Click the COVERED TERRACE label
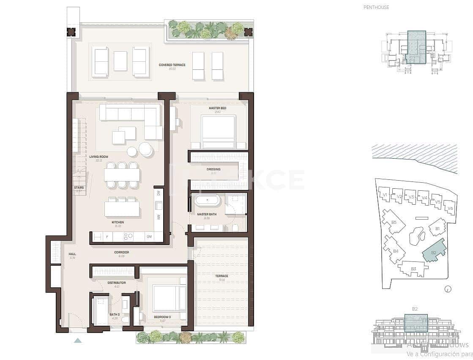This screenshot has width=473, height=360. pos(172,65)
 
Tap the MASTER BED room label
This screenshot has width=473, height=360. pos(217,108)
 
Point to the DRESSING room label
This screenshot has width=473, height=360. pos(213,170)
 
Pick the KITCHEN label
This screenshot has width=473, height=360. pos(118,222)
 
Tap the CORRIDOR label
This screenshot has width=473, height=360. pos(121,253)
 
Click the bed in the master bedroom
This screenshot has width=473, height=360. pos(219,131)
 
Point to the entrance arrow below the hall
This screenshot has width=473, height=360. pos(78,340)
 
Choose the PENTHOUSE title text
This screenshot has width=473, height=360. pos(376,7)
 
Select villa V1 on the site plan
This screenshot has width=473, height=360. pos(384,195)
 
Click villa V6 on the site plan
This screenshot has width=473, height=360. pos(450,208)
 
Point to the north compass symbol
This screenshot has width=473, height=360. pos(448,289)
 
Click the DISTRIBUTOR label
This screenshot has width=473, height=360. pos(117,283)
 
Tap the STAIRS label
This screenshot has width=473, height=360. pos(79,188)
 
